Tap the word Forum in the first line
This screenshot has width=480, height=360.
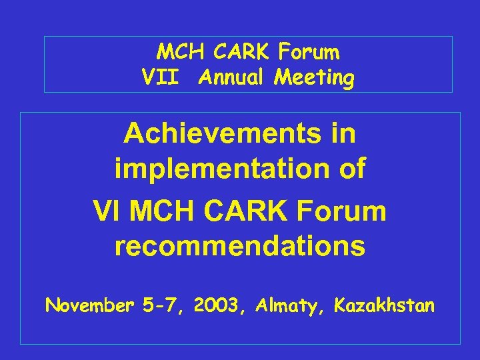coord(309,51)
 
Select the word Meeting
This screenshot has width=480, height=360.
coord(315,78)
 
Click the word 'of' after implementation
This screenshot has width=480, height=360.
coord(352,170)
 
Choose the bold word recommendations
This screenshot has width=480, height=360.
coord(240,247)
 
